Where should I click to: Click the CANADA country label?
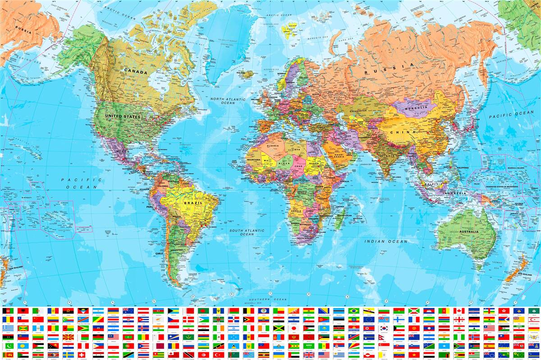click(136, 72)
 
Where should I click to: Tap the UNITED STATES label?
click(123, 116)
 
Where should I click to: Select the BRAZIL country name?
click(193, 203)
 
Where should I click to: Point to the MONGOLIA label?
click(415, 107)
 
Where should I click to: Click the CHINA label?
click(400, 132)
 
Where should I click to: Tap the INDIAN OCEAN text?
click(385, 241)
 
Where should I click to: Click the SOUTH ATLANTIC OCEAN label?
click(247, 232)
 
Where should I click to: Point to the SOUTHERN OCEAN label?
click(269, 300)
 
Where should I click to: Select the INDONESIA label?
click(454, 193)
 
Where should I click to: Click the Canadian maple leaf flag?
click(458, 311)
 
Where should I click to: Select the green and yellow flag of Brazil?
click(353, 311)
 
